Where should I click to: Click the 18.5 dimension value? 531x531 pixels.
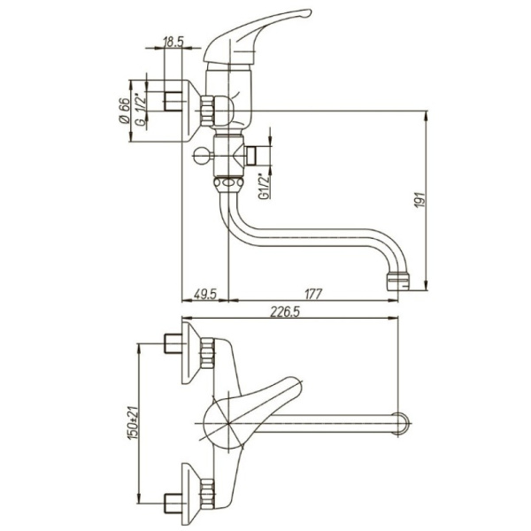pyautogui.click(x=173, y=42)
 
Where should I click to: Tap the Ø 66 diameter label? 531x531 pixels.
pyautogui.click(x=124, y=111)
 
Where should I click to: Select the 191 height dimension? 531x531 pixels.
pyautogui.click(x=419, y=200)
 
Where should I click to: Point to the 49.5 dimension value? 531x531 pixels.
pyautogui.click(x=205, y=294)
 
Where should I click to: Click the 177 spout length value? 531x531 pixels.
pyautogui.click(x=312, y=294)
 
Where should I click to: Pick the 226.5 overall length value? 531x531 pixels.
pyautogui.click(x=285, y=312)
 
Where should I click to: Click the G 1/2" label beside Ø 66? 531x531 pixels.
pyautogui.click(x=141, y=108)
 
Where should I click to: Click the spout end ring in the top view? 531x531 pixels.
pyautogui.click(x=400, y=423)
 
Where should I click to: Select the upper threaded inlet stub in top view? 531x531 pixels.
pyautogui.click(x=174, y=343)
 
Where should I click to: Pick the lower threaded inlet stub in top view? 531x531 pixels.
pyautogui.click(x=174, y=504)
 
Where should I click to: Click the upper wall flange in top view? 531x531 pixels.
pyautogui.click(x=191, y=353)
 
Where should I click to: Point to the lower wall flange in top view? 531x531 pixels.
pyautogui.click(x=191, y=494)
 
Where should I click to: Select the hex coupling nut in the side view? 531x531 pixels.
pyautogui.click(x=207, y=111)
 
